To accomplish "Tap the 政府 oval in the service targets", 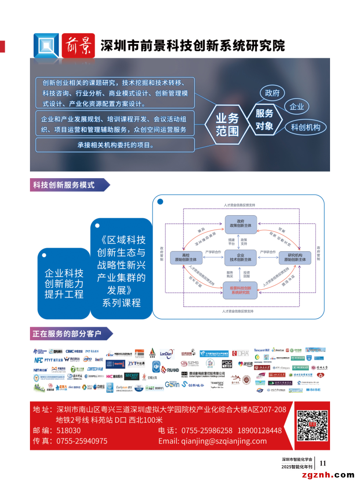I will coord(272,93).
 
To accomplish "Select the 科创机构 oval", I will coord(308,128).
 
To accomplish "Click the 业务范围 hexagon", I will coord(227,124).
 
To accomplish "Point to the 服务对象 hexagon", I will coord(264,119).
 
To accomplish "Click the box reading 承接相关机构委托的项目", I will coord(115,145).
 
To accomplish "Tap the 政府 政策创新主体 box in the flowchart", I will coord(240,223).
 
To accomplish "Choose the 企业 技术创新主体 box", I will coord(240,257).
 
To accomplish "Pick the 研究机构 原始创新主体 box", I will coord(295,257).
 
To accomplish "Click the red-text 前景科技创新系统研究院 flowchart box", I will coord(240,290).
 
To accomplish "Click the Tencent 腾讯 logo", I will coord(261,351).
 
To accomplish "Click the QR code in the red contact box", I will coord(311,425).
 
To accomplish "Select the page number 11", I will coord(323,463).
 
